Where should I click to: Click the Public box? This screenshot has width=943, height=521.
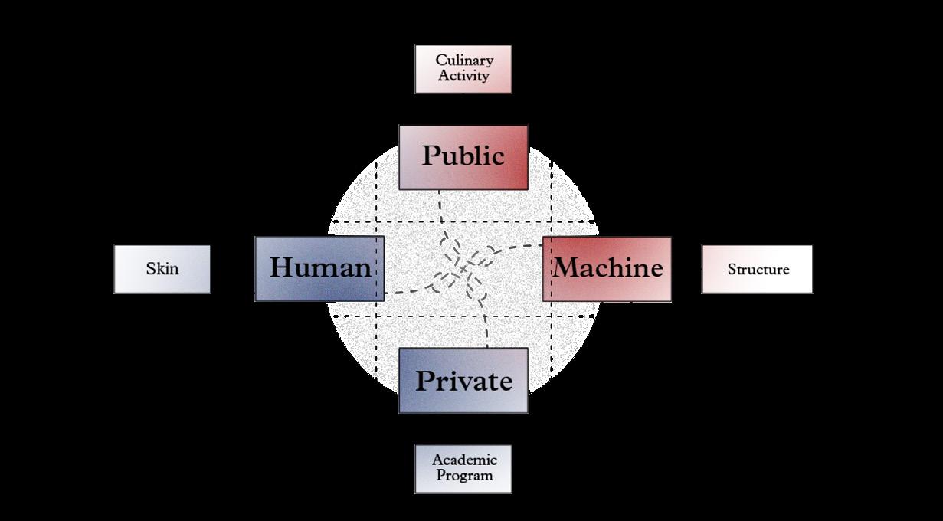tap(463, 157)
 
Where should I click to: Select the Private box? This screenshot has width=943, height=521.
tap(463, 381)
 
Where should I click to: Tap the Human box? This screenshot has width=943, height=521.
tap(319, 268)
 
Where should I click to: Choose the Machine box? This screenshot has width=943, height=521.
tap(607, 268)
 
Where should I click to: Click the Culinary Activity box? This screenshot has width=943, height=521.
tap(463, 69)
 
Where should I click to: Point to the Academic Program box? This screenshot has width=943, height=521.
tap(463, 468)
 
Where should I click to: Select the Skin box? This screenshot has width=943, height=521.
tap(162, 269)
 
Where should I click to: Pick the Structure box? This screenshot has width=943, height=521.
tap(757, 269)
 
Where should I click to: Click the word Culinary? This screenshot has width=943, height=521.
tap(464, 61)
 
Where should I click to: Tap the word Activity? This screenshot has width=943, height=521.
tap(464, 77)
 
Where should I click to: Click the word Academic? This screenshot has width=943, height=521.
tap(464, 460)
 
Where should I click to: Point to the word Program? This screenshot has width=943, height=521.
tap(464, 476)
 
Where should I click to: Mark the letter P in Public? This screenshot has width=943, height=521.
tap(431, 156)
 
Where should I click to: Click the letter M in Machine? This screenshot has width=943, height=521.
tap(566, 268)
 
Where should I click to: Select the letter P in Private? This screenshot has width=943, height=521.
tap(425, 381)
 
